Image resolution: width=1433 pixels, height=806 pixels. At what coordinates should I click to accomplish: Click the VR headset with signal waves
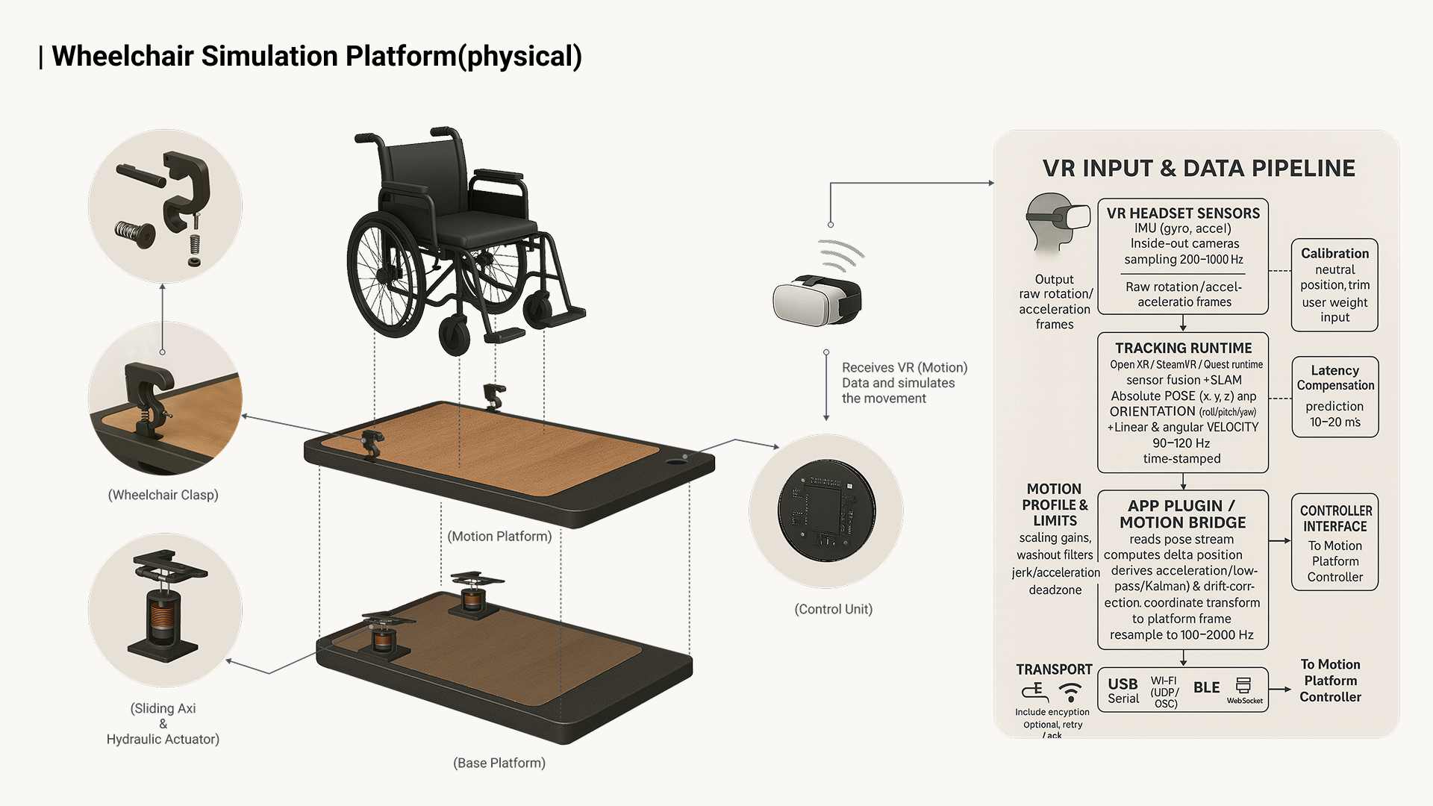click(x=817, y=299)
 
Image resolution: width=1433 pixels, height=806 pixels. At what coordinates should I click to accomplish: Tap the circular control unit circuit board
click(x=826, y=510)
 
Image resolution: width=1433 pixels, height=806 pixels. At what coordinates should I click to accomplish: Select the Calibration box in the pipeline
click(x=1334, y=285)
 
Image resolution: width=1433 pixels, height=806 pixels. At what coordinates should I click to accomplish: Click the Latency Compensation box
click(x=1334, y=396)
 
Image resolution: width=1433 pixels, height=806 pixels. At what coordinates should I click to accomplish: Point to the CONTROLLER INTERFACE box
click(x=1334, y=542)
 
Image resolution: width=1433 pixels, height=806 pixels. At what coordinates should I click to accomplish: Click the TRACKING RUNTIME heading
click(x=1183, y=349)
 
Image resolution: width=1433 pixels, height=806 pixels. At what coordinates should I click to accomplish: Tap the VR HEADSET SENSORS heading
click(x=1183, y=213)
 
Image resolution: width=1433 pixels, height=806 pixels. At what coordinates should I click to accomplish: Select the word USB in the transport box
click(x=1123, y=684)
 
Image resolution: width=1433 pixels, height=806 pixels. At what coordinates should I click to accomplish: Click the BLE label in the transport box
click(x=1206, y=687)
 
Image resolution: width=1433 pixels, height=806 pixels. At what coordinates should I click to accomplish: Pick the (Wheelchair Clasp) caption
click(x=163, y=495)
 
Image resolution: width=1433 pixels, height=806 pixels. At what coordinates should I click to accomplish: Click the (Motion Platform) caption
click(x=499, y=537)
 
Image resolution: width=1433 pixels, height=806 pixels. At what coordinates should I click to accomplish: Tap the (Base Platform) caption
click(x=499, y=763)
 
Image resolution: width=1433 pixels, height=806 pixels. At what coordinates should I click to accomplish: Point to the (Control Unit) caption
click(x=833, y=609)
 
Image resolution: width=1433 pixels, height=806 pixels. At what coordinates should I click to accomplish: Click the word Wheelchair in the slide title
click(x=122, y=57)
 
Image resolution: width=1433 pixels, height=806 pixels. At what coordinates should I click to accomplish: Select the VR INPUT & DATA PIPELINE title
click(x=1199, y=169)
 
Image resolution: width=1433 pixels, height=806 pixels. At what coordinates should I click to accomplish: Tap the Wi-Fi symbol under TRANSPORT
click(x=1071, y=692)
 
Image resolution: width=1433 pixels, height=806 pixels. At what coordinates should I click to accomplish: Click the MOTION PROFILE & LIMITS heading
click(x=1055, y=504)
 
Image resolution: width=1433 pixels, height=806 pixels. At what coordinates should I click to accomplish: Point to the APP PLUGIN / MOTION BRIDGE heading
click(x=1182, y=514)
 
